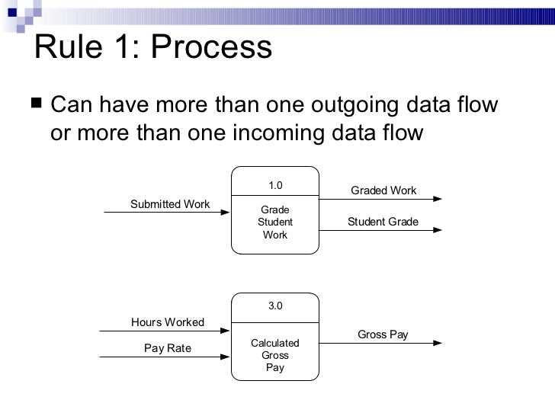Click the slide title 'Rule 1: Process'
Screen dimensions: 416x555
153,48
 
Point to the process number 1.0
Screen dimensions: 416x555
275,185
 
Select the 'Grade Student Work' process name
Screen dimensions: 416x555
275,222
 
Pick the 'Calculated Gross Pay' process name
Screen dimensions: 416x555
275,355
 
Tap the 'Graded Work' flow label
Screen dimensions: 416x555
383,190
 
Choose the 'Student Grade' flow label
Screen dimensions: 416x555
383,222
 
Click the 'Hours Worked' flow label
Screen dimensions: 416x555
168,322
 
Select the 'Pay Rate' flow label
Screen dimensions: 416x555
168,348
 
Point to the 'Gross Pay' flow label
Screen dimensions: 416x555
383,334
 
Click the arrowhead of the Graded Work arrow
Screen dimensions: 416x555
436,200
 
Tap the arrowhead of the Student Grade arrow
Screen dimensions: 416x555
436,231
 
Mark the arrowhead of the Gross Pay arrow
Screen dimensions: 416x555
436,344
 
